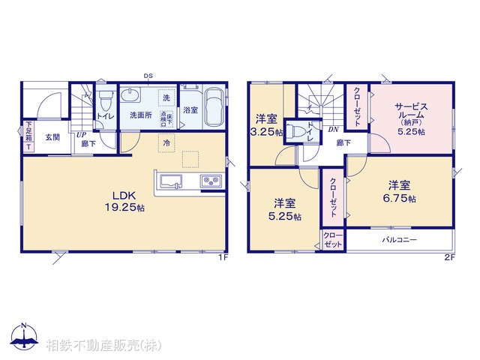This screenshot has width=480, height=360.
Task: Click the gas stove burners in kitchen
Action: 208,182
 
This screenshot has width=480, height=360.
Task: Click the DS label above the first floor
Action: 148,75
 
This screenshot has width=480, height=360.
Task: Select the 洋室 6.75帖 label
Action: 400,190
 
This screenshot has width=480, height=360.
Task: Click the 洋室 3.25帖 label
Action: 267,124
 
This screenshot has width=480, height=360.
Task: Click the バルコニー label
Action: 399,240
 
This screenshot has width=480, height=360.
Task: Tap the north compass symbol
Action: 25,337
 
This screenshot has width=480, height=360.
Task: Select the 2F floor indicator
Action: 449,258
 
